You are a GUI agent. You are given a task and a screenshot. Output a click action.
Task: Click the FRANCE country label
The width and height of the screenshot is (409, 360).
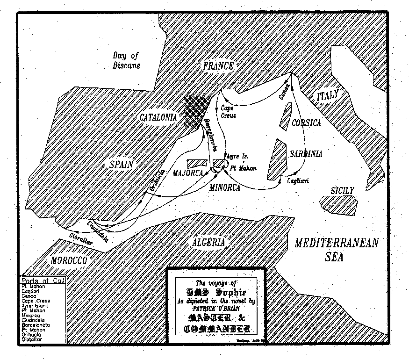coord(218,66)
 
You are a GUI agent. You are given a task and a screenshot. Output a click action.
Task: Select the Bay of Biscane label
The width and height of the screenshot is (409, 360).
coord(126,61)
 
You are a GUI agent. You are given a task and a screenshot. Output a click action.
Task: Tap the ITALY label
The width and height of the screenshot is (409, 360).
coord(327,96)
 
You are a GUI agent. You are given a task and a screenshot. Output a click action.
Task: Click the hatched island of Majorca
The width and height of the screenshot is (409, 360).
coord(197,164)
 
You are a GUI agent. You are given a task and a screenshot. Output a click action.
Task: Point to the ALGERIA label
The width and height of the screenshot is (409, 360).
coord(208,242)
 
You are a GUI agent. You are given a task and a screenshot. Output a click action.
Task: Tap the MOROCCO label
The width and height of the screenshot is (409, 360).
coord(69,260)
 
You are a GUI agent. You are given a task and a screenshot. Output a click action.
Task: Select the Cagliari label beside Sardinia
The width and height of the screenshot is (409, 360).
coord(298,180)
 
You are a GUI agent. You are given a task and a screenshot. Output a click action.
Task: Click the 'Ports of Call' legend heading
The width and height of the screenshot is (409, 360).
coord(43,280)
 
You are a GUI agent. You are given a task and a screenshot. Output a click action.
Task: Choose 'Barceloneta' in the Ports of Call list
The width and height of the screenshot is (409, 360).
coord(36,324)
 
